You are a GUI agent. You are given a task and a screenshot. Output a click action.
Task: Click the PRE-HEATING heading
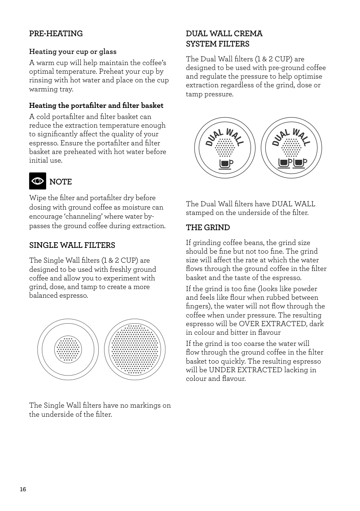(x=56, y=34)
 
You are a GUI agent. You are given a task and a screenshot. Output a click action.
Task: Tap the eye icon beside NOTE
(x=37, y=181)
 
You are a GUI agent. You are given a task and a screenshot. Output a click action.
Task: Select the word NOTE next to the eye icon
(x=60, y=182)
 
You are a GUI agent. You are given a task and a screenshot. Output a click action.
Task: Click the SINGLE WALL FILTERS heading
(x=72, y=245)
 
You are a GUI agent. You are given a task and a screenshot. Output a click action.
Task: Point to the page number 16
(x=23, y=489)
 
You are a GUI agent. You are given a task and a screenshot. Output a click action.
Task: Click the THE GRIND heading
(x=208, y=228)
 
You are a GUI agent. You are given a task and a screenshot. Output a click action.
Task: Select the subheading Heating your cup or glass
(x=73, y=52)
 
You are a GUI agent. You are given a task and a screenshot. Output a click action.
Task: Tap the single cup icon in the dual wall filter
(x=225, y=163)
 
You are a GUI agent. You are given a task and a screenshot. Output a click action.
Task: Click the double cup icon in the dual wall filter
(x=293, y=163)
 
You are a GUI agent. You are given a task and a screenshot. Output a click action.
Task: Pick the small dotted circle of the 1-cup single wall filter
(x=68, y=350)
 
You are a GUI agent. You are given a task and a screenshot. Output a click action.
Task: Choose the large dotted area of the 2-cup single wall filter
(x=135, y=350)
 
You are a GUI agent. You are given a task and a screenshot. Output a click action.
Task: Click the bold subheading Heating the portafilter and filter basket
(x=96, y=106)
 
